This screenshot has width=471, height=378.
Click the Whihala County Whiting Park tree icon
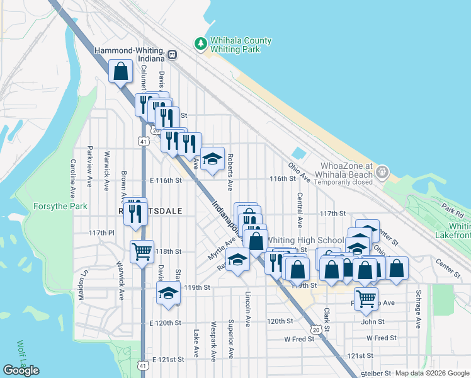(200, 43)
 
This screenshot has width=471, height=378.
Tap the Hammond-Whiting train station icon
(171, 55)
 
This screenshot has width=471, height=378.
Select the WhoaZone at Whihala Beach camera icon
(382, 171)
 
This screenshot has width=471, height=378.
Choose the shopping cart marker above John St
(366, 298)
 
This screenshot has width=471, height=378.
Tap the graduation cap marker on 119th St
(167, 293)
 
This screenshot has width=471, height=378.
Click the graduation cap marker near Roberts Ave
(213, 158)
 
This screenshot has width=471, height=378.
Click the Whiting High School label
(305, 240)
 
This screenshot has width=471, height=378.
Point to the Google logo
(21, 370)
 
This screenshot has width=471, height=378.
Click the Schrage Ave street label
(417, 309)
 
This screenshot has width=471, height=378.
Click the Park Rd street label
(451, 209)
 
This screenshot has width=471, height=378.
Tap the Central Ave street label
(300, 210)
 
